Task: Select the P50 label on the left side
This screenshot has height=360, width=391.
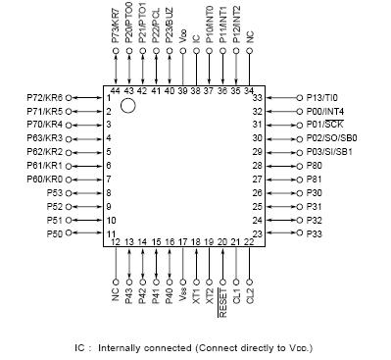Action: coord(55,234)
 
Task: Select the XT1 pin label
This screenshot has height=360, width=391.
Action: coord(196,294)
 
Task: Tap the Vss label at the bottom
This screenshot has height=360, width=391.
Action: coord(183,294)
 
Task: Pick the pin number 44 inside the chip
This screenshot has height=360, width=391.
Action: coord(116,90)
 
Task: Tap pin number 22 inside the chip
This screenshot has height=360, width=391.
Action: coord(249,241)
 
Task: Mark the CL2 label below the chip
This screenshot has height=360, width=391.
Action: coord(250,294)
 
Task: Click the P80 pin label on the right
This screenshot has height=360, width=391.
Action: coord(315,166)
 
